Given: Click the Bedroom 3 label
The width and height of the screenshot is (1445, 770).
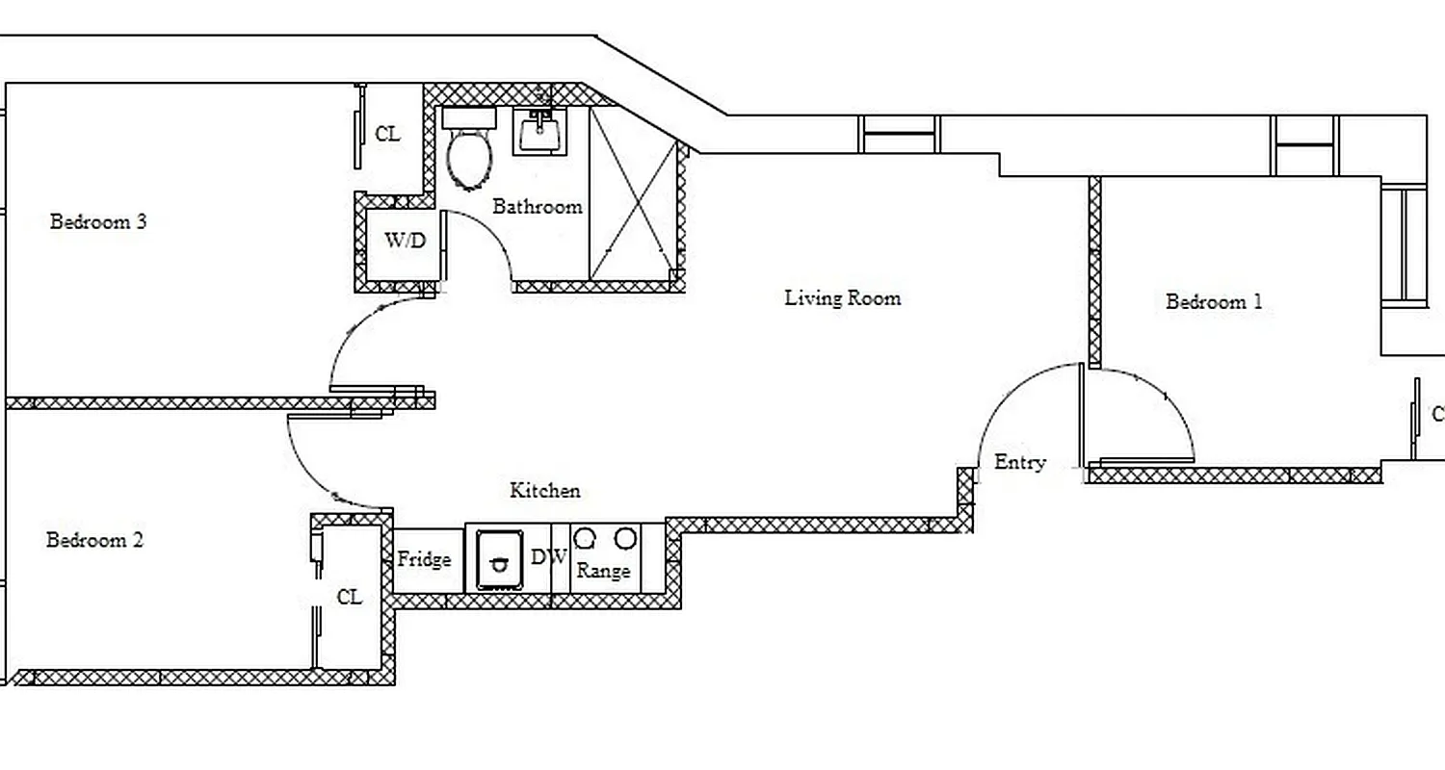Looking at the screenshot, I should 98,222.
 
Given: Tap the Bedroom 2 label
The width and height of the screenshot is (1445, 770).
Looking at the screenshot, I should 94,540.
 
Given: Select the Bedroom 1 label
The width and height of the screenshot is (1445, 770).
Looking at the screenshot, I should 1214,302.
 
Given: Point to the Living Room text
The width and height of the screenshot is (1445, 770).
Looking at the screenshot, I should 843,298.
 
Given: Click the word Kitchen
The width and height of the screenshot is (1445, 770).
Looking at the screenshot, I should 545,491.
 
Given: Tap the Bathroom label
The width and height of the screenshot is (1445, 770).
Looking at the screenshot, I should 538,207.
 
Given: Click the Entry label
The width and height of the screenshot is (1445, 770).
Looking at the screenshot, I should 1019,463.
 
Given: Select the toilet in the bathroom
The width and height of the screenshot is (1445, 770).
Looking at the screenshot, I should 470,154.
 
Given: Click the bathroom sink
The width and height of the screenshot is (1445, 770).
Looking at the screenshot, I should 541,131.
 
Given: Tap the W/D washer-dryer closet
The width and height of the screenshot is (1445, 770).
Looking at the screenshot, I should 405,242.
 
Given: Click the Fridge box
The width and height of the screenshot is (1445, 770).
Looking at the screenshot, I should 424,559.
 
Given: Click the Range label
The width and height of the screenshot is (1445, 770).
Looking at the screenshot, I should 604,571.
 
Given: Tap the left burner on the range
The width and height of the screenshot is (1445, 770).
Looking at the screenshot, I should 584,539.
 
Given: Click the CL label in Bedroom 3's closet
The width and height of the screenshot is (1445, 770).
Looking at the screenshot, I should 387,135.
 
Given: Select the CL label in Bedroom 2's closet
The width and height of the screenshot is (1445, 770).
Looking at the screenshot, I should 350,598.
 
